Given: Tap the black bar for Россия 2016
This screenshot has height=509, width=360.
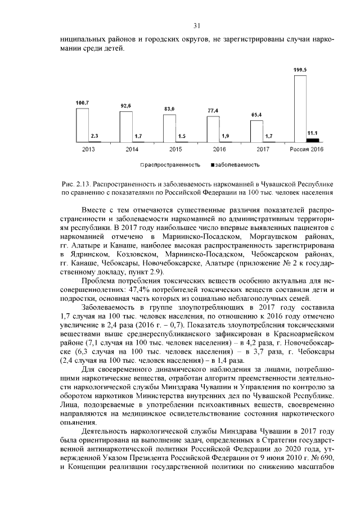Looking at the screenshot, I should pos(313,139).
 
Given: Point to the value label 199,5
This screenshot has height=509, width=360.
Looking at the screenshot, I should pos(300,69).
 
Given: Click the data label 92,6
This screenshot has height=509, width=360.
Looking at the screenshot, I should pos(126,106).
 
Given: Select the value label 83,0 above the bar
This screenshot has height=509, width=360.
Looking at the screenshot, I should pos(169,109).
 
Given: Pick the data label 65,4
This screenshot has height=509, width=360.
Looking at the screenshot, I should pos(256,115).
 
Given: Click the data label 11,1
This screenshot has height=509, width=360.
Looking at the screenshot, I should pos(312,133).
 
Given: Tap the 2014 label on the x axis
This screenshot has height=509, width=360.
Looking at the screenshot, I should pos(132,149).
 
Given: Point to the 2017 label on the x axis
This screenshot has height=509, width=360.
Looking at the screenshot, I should pos(263,149).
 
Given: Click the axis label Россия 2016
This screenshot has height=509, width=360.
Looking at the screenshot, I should pos(307,149).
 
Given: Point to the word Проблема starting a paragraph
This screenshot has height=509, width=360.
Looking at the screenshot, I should pos(98,281).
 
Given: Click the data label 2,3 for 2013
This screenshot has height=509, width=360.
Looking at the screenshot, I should pos(94,136).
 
